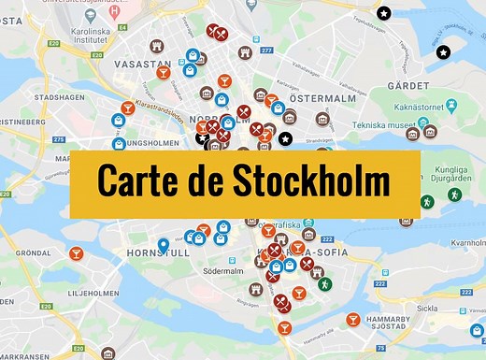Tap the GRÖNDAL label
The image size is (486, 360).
pyautogui.click(x=33, y=252)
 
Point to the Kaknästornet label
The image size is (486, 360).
pyautogui.click(x=437, y=108)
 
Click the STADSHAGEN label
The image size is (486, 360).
pyautogui.click(x=53, y=96)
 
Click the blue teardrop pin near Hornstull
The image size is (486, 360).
pyautogui.click(x=164, y=246)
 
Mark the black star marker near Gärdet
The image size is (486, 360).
pyautogui.click(x=443, y=51)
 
